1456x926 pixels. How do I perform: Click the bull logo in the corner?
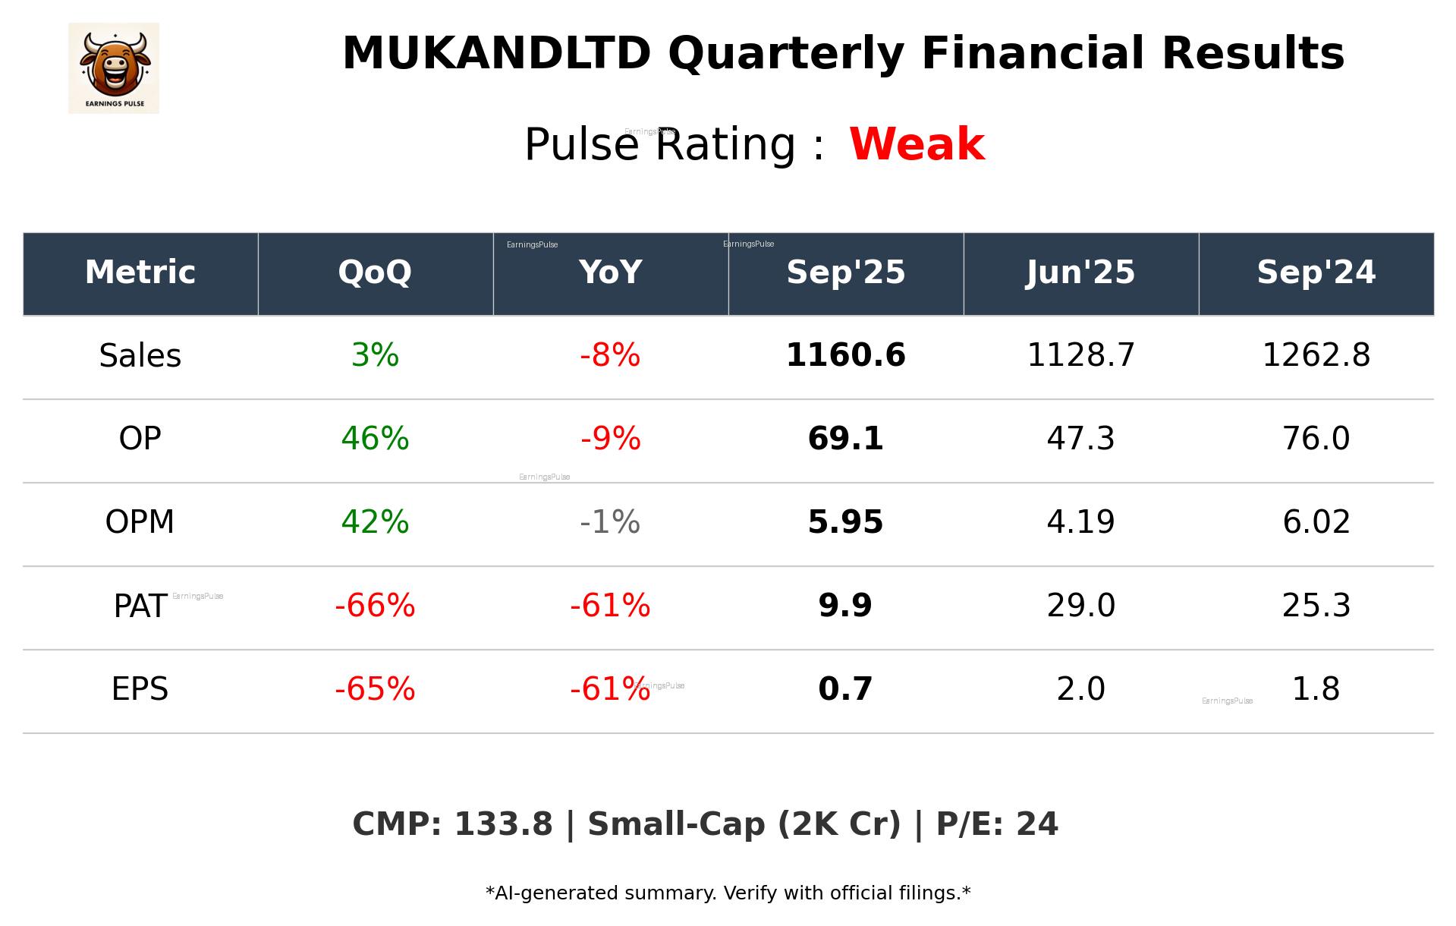click(114, 68)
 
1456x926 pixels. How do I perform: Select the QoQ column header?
click(375, 272)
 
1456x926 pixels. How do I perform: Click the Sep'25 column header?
click(845, 272)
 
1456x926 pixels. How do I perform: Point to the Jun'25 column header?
click(1080, 272)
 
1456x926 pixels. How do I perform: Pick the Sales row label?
click(140, 356)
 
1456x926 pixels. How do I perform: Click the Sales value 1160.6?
click(845, 356)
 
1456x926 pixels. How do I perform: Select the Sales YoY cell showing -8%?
click(610, 356)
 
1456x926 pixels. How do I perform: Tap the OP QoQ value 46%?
click(375, 439)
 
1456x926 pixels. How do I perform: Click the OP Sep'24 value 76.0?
click(1316, 439)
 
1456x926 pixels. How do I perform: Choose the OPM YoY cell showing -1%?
click(610, 522)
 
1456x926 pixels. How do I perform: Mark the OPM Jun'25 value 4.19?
click(1080, 522)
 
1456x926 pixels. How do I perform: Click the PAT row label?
click(140, 606)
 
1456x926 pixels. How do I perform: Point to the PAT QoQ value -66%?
click(375, 606)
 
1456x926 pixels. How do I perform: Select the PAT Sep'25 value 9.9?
click(845, 606)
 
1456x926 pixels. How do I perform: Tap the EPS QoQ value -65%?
click(375, 689)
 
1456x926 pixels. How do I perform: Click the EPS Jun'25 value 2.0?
click(1080, 689)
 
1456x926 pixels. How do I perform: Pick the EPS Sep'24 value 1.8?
click(1316, 689)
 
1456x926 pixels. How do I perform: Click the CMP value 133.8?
click(503, 825)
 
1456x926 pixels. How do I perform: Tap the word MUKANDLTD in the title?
click(496, 54)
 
